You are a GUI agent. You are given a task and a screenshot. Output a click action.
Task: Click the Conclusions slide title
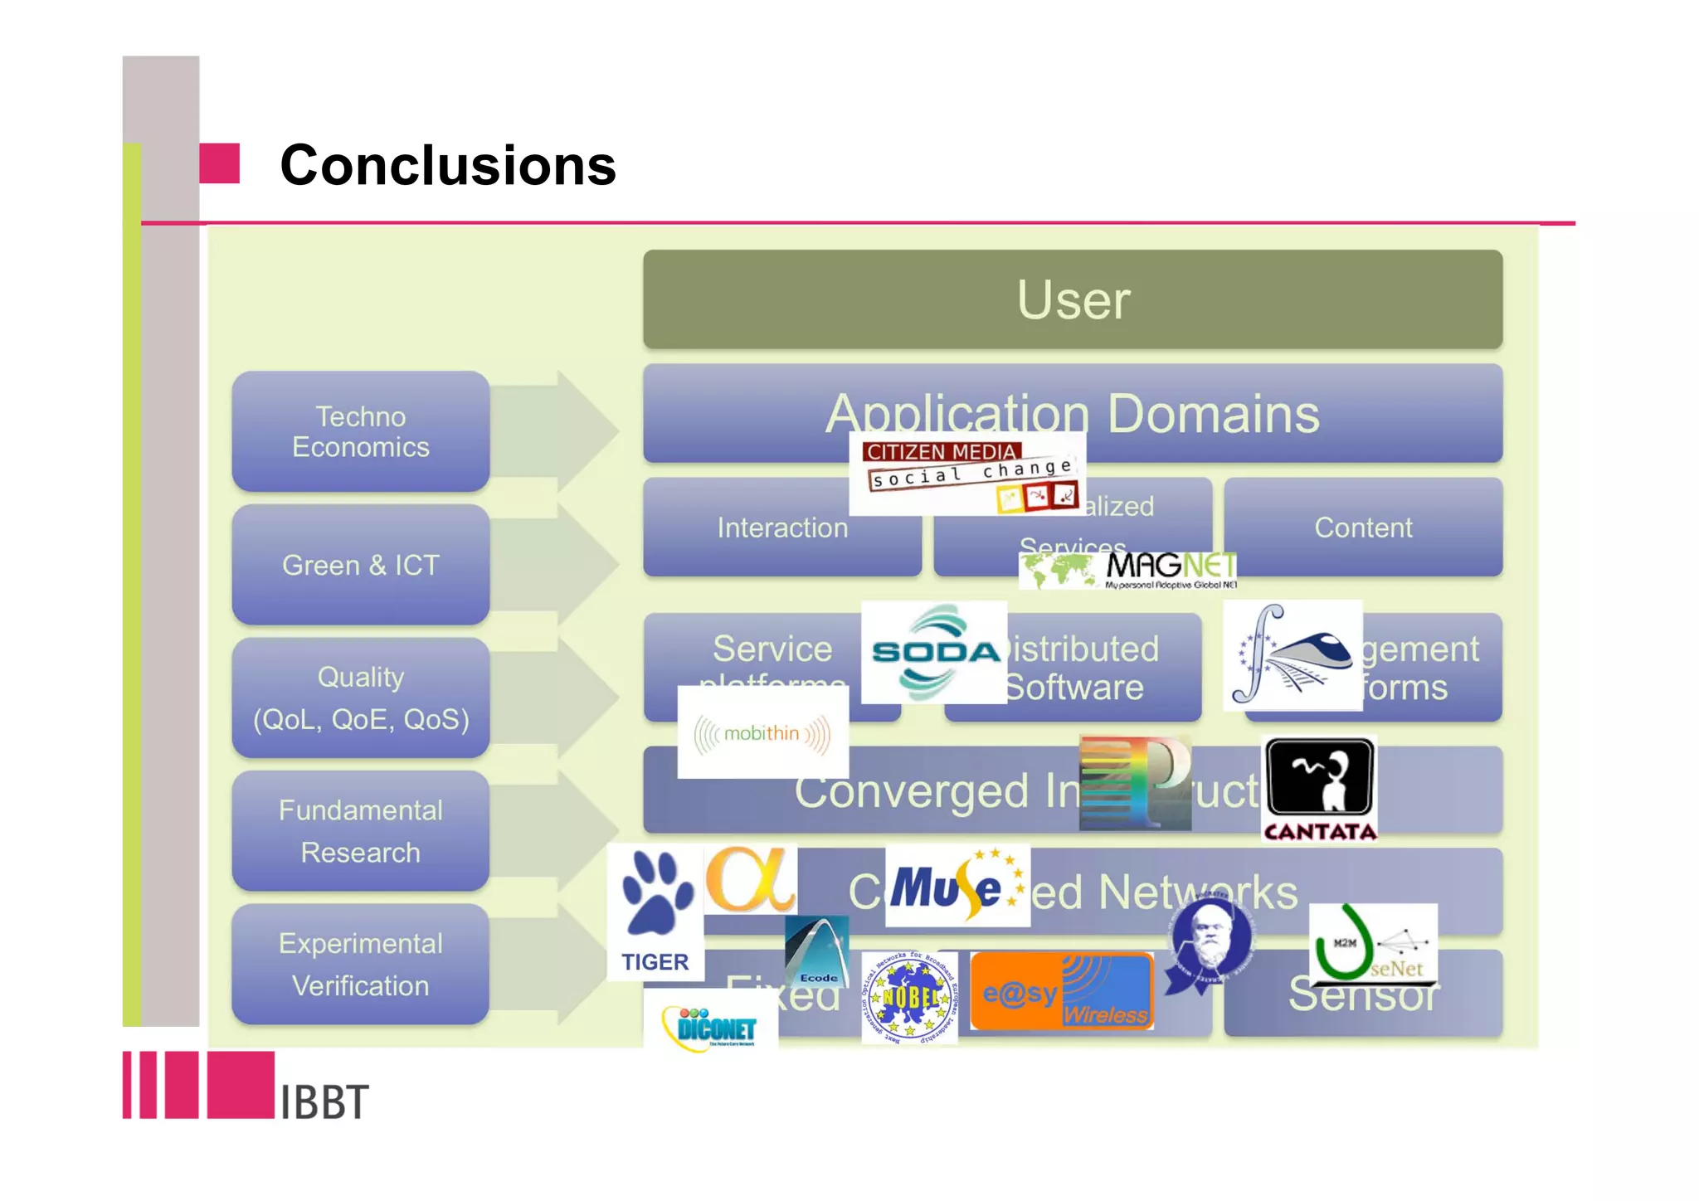(x=448, y=165)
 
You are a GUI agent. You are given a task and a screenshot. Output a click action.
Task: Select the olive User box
(x=1072, y=299)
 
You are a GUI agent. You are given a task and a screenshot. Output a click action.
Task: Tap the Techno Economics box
(x=360, y=431)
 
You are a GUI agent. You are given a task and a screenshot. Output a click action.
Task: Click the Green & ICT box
(x=360, y=565)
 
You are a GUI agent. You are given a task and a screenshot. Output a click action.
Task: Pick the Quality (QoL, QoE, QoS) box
(x=360, y=698)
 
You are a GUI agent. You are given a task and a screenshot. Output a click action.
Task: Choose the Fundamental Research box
(x=360, y=831)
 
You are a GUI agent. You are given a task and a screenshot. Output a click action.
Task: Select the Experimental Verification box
(x=360, y=964)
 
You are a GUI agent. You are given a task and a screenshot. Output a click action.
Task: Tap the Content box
(x=1362, y=528)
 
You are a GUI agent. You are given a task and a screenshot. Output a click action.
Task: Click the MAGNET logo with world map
(x=1128, y=571)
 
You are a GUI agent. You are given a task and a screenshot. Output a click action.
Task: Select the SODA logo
(x=934, y=653)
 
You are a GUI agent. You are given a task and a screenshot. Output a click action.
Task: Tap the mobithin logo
(x=762, y=733)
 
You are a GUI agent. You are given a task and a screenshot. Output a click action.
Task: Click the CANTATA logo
(x=1319, y=789)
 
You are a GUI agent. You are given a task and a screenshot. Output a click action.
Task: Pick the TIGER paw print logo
(x=655, y=912)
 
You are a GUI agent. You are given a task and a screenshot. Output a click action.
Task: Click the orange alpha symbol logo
(x=751, y=879)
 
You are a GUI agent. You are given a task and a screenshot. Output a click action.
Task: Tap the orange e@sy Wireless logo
(x=1062, y=992)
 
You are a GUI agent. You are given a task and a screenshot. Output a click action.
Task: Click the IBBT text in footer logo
(x=324, y=1101)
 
